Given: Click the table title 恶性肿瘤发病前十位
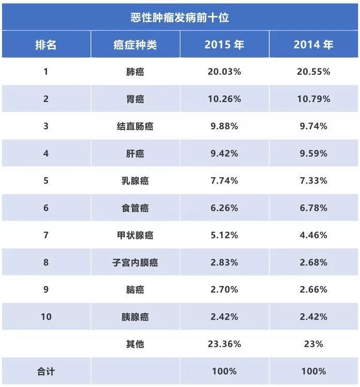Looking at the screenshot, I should click(179, 18).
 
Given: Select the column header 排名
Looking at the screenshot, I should click(46, 45).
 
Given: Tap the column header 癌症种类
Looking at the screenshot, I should click(135, 45).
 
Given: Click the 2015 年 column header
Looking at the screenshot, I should click(224, 45).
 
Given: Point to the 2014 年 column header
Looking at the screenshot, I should click(313, 45).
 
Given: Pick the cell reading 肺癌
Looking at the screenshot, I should click(135, 72).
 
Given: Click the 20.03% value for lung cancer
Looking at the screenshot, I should click(224, 72).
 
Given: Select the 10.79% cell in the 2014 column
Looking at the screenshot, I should click(313, 98).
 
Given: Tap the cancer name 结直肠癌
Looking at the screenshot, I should click(135, 126).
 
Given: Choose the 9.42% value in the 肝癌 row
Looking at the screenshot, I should click(224, 153).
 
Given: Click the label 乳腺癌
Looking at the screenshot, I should click(135, 180).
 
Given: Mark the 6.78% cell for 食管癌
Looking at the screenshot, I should click(313, 208).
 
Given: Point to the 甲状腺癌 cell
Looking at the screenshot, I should click(135, 235).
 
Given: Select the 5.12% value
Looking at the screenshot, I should click(224, 235).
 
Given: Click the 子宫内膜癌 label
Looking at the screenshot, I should click(135, 262).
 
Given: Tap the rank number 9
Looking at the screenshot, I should click(46, 290).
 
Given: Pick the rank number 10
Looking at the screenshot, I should click(46, 316).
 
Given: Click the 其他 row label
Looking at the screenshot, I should click(135, 344).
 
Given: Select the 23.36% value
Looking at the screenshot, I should click(224, 344).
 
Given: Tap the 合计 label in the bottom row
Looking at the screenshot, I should click(46, 371).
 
